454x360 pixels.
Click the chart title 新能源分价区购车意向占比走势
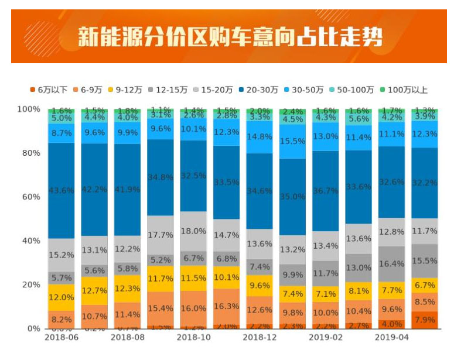230,36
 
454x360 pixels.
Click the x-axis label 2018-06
61,338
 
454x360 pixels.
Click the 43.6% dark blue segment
61,191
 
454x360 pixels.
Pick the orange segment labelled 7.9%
425,320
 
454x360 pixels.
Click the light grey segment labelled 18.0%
193,231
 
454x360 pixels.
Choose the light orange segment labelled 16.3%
227,306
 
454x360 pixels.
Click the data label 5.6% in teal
359,118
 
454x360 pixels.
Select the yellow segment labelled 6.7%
425,285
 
